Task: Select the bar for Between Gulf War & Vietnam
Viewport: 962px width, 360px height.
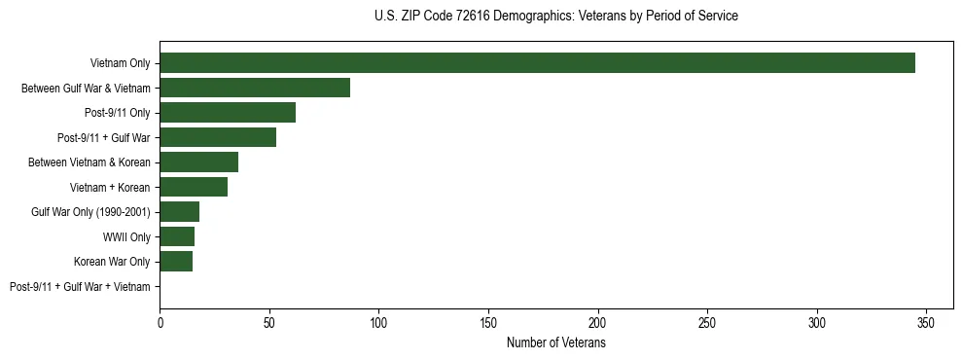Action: [x=255, y=88]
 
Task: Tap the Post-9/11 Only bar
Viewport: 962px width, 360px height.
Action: [x=228, y=113]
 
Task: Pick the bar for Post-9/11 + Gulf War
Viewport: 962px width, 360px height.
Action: [x=218, y=137]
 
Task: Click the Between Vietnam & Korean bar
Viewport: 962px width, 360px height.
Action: [x=198, y=162]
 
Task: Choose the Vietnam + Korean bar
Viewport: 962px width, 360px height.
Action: [x=194, y=187]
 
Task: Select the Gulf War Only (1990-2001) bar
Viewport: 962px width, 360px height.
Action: [x=179, y=212]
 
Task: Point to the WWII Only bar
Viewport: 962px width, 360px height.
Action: [x=177, y=236]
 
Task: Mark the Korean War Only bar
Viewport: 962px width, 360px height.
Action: [x=176, y=262]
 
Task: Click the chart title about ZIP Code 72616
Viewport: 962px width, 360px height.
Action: [x=555, y=17]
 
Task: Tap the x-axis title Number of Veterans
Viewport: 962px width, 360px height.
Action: [x=555, y=343]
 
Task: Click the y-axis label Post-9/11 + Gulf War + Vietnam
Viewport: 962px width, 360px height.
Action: [x=80, y=287]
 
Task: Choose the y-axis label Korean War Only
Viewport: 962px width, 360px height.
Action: [x=112, y=262]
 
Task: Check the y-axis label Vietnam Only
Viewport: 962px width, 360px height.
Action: [x=120, y=63]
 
